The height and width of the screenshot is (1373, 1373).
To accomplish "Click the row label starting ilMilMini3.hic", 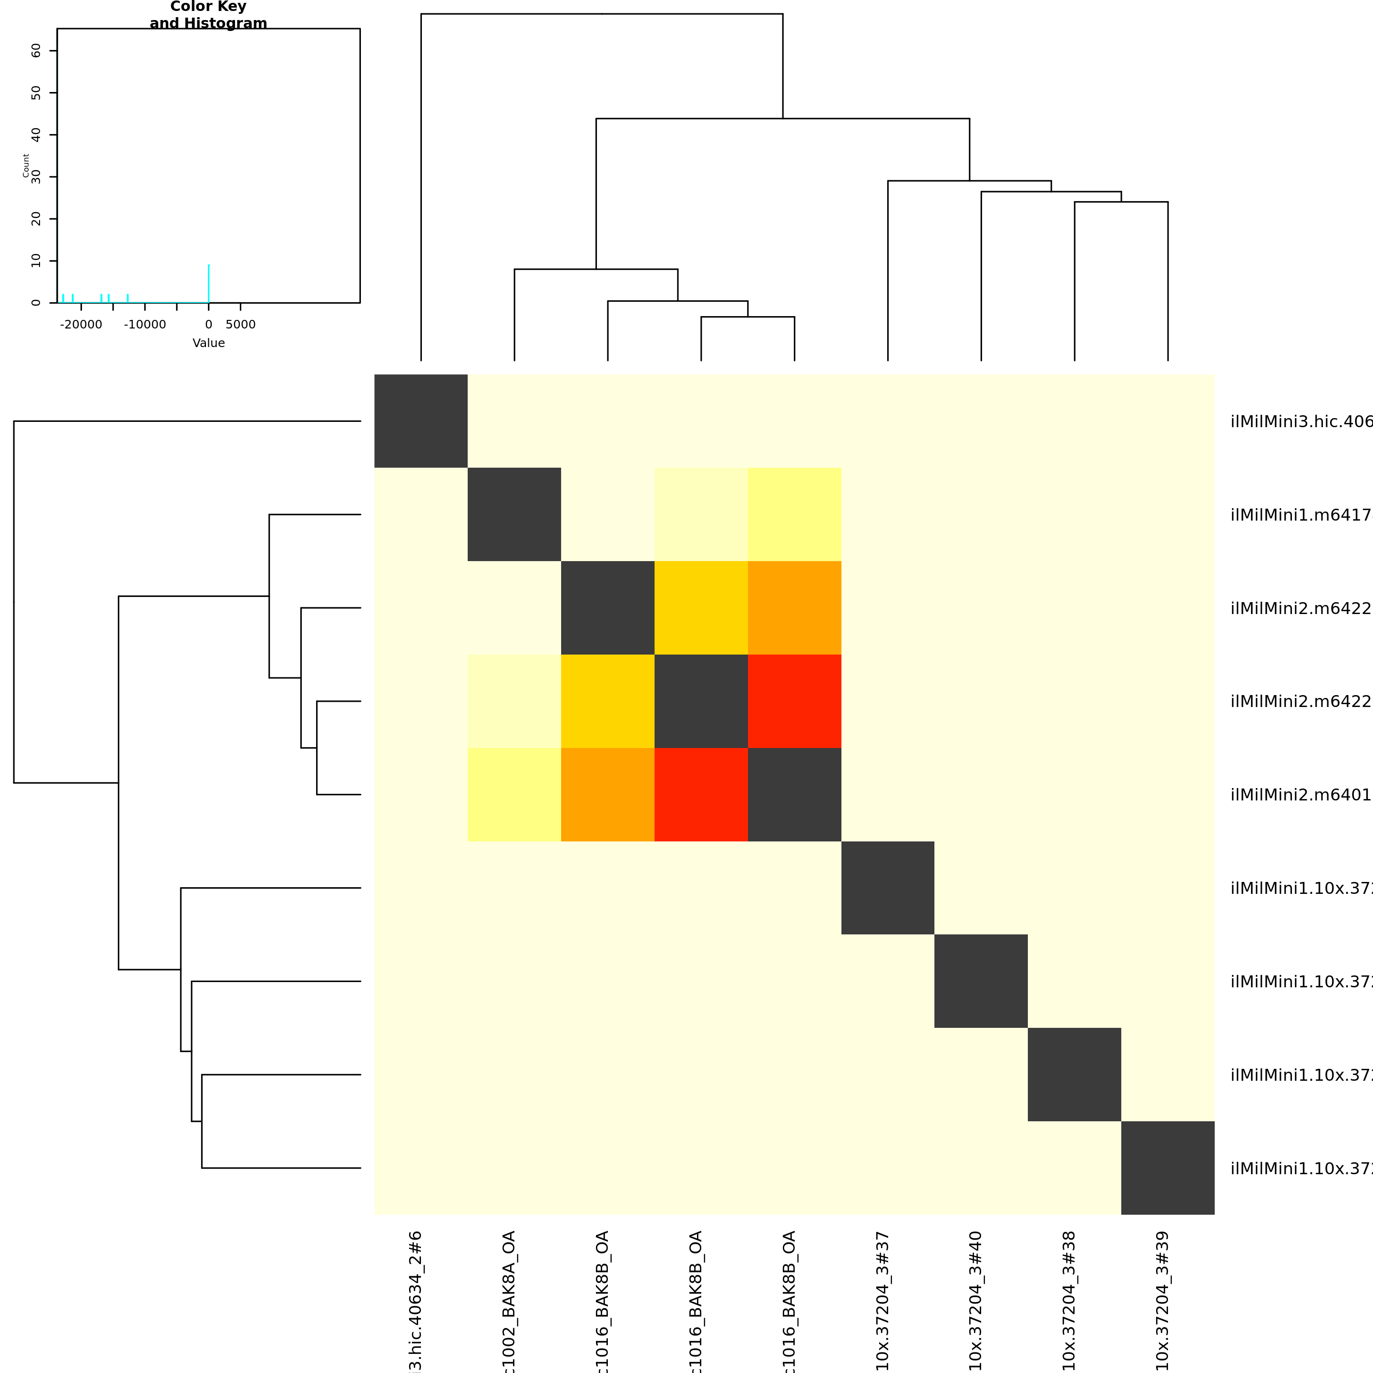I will (x=1301, y=421).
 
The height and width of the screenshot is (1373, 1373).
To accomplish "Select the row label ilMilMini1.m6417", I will (x=1301, y=514).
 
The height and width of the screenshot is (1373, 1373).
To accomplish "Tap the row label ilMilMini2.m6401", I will (x=1301, y=795).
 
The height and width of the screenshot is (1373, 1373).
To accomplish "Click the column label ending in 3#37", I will (x=882, y=1301).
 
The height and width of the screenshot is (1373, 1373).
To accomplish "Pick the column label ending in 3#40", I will (x=976, y=1301).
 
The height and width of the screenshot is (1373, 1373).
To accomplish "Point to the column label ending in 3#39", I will (x=1163, y=1301).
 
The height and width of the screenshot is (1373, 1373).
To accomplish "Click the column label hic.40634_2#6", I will (x=416, y=1301).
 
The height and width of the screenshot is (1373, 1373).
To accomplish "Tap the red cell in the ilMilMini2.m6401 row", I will (x=701, y=795).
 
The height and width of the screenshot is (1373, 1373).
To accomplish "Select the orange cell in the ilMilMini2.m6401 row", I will (x=608, y=795).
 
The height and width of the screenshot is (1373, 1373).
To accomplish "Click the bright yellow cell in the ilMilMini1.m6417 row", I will (x=795, y=514).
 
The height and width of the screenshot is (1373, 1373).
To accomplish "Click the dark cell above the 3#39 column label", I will (x=1168, y=1168).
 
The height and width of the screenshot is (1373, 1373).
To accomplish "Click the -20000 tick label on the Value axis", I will (x=81, y=325).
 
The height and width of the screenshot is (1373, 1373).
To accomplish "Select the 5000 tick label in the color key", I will (x=240, y=325).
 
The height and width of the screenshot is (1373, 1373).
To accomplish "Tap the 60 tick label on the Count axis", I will (x=36, y=51).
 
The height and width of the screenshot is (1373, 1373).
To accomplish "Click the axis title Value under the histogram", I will (x=208, y=343).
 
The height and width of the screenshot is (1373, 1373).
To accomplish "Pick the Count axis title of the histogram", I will (x=26, y=165).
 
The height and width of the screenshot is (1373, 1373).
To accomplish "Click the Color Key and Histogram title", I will (x=208, y=15).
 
